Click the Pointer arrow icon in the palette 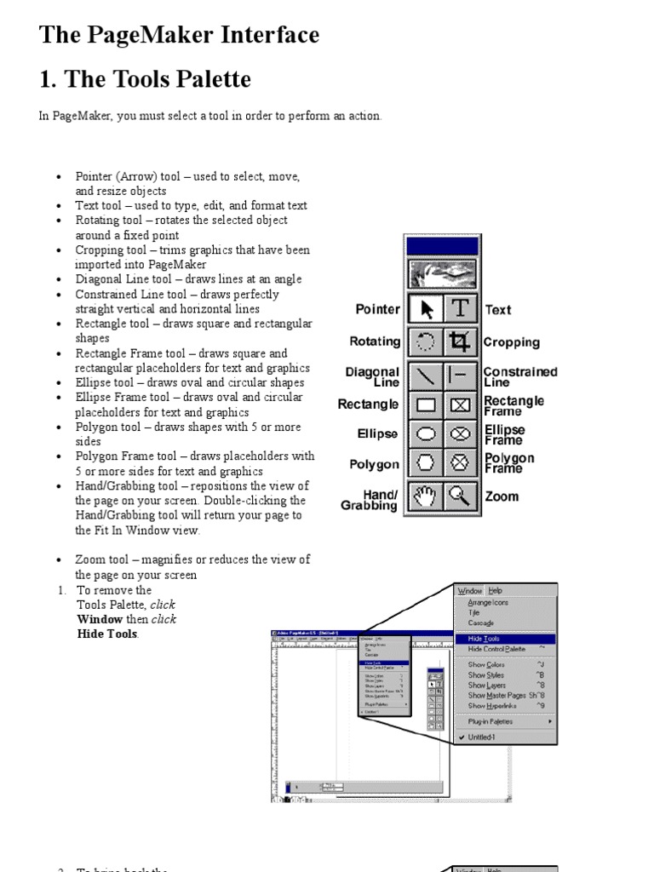(x=426, y=309)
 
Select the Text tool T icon (x=460, y=309)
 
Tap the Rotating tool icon (x=426, y=342)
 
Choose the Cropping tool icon (x=460, y=342)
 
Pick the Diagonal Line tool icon (x=426, y=374)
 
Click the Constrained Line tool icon (x=460, y=374)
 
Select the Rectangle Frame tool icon (x=460, y=404)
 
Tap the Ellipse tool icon (x=426, y=434)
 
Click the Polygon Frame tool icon (x=460, y=464)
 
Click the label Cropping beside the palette (x=511, y=342)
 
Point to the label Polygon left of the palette (x=374, y=464)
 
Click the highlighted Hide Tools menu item (x=484, y=639)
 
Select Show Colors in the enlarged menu (x=486, y=665)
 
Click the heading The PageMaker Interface (x=179, y=35)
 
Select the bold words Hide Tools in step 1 (x=107, y=634)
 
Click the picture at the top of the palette (x=443, y=275)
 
